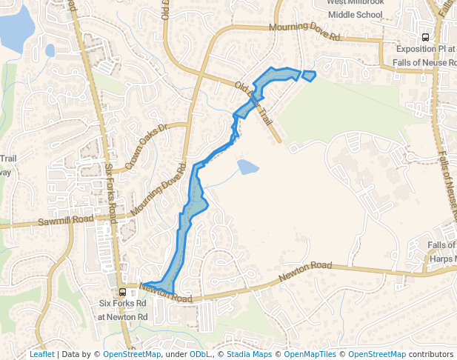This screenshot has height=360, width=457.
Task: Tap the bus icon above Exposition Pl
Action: (x=425, y=36)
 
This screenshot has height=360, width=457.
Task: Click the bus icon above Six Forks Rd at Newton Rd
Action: (x=123, y=292)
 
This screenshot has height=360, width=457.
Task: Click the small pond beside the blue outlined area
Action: (x=247, y=167)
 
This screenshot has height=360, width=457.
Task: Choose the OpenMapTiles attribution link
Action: (x=311, y=354)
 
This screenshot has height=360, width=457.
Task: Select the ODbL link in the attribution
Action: (x=199, y=354)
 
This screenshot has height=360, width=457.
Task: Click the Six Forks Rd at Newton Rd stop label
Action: (x=124, y=310)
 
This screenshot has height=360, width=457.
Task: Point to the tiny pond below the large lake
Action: (x=50, y=50)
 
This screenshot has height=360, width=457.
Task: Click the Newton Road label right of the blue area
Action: (x=305, y=271)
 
